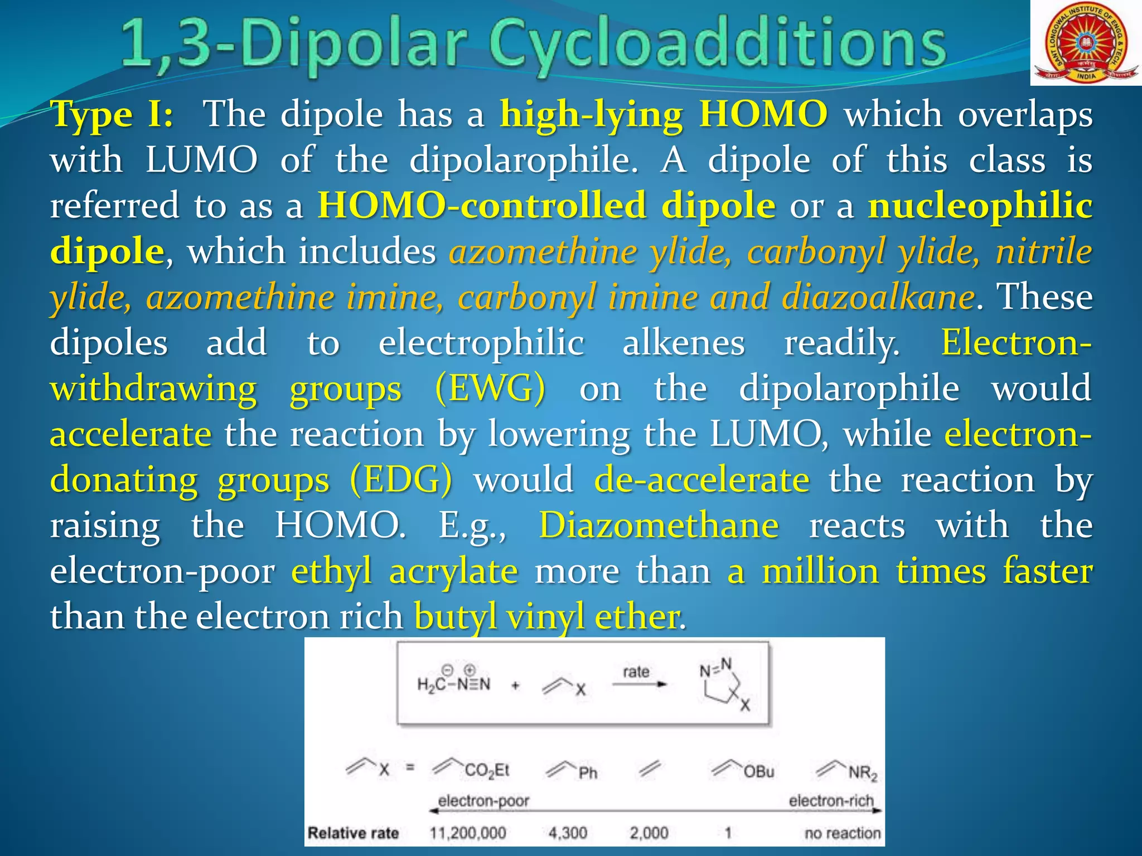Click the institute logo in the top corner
pos(1085,43)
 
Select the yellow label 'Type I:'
pos(112,115)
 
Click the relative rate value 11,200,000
pos(467,833)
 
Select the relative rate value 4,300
pos(568,833)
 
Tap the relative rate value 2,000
pos(649,833)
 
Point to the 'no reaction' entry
pos(842,833)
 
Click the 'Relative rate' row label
pos(353,833)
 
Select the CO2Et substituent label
pos(486,771)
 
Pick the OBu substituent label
pos(758,772)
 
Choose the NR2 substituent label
pos(863,773)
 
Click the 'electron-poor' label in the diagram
pos(483,801)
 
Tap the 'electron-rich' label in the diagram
pos(831,801)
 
